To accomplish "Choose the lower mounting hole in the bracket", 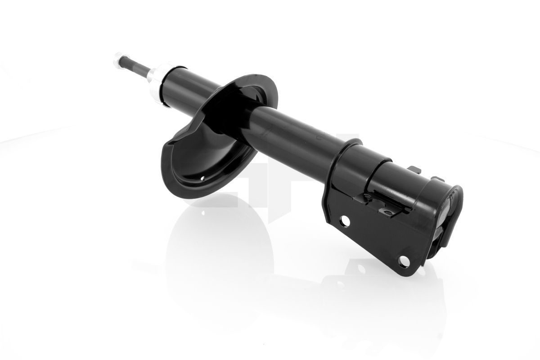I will tap(404, 260).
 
